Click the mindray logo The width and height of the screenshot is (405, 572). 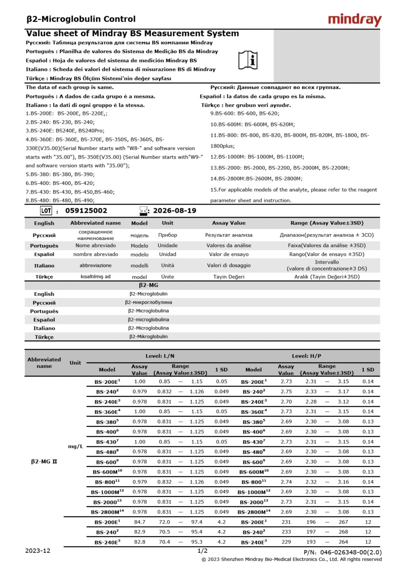pyautogui.click(x=354, y=20)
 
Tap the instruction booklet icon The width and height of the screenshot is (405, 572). pyautogui.click(x=248, y=59)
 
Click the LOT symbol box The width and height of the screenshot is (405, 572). pyautogui.click(x=46, y=211)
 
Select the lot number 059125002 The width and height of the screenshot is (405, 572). pyautogui.click(x=86, y=211)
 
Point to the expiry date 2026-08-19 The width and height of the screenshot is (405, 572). pyautogui.click(x=174, y=211)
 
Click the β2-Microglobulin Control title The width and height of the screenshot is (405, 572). pyautogui.click(x=81, y=19)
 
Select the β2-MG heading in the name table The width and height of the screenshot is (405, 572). pyautogui.click(x=148, y=285)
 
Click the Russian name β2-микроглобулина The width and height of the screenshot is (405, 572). pyautogui.click(x=148, y=303)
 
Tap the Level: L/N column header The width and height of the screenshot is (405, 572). pyautogui.click(x=160, y=356)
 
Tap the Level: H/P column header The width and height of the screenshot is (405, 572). pyautogui.click(x=306, y=356)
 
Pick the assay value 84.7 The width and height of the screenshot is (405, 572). pyautogui.click(x=140, y=522)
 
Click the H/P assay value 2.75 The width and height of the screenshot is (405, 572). pyautogui.click(x=286, y=391)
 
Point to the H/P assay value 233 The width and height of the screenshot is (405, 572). pyautogui.click(x=286, y=532)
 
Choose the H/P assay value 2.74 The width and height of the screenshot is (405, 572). pyautogui.click(x=286, y=482)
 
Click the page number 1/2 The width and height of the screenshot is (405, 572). pyautogui.click(x=202, y=551)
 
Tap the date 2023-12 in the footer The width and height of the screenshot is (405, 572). pyautogui.click(x=38, y=551)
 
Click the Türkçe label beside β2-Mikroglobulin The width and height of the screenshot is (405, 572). pyautogui.click(x=44, y=337)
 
